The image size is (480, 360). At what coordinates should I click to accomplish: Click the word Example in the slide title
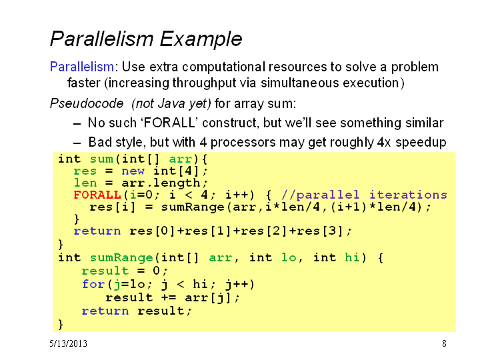coord(201,39)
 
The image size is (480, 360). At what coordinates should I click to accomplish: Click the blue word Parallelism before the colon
coord(82,67)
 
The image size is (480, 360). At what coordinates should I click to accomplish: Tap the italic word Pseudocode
coord(87,104)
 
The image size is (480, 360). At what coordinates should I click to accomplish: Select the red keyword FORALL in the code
coord(97,195)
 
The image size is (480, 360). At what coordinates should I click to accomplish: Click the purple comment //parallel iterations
coord(364,195)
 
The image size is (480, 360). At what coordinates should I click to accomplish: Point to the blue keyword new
coord(133,171)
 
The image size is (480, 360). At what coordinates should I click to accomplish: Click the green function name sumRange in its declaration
coord(121,258)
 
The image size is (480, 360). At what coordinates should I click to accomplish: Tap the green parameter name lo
coord(289,257)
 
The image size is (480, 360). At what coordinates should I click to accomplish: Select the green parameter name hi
coord(352,257)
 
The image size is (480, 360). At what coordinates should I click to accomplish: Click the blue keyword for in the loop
coord(93,284)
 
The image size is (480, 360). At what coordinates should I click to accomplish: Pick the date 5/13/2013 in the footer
coord(68,343)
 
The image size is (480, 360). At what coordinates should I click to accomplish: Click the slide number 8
coord(444,343)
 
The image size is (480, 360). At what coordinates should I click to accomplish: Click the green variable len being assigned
coord(85,183)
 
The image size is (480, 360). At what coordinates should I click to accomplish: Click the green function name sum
coord(101,159)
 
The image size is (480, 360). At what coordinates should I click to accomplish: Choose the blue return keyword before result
coord(105,311)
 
